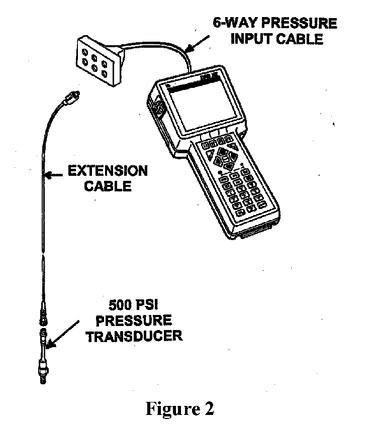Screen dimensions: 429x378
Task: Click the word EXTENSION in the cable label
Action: tap(108, 171)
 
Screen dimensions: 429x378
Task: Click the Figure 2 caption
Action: tap(180, 408)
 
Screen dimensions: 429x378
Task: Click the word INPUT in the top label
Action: tap(251, 39)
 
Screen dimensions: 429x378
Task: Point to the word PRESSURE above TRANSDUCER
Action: tap(133, 320)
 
